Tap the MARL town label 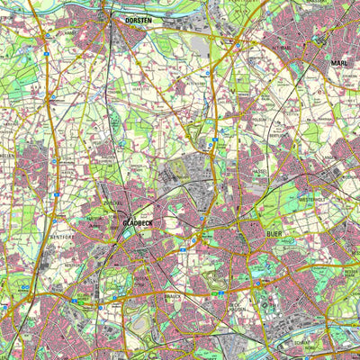[339, 63]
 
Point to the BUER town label [278, 232]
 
